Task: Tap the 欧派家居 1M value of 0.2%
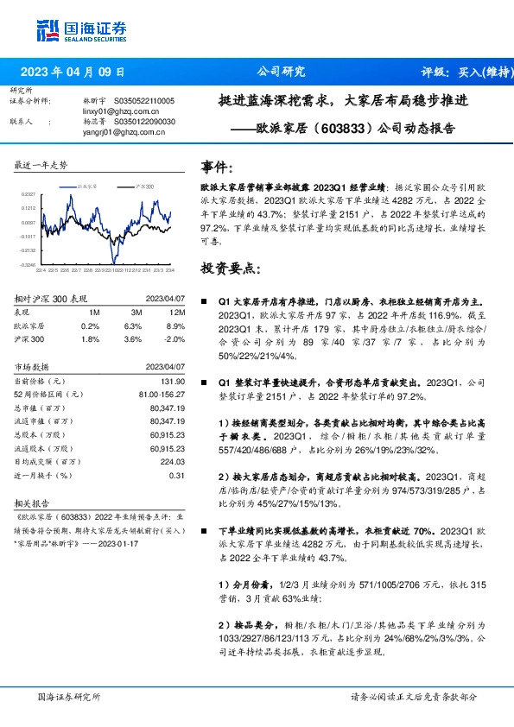point(90,326)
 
